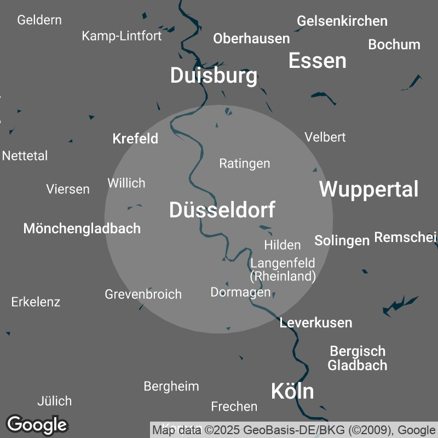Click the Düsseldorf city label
[x=222, y=210]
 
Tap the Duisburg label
[x=214, y=76]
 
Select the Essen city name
[x=317, y=60]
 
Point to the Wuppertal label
[x=368, y=189]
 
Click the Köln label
[x=292, y=391]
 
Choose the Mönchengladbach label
[x=82, y=228]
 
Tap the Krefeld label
[x=135, y=139]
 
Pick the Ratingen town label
[x=244, y=163]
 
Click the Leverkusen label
[x=315, y=322]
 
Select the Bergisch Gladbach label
[x=357, y=358]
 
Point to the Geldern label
[x=39, y=20]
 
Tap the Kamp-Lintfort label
[x=122, y=36]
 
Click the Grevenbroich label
[x=143, y=294]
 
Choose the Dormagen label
[x=240, y=292]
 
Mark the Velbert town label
[x=325, y=137]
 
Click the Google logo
[x=37, y=424]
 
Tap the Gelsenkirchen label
[x=342, y=21]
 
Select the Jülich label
[x=54, y=401]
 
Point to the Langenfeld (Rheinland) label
[x=283, y=269]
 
